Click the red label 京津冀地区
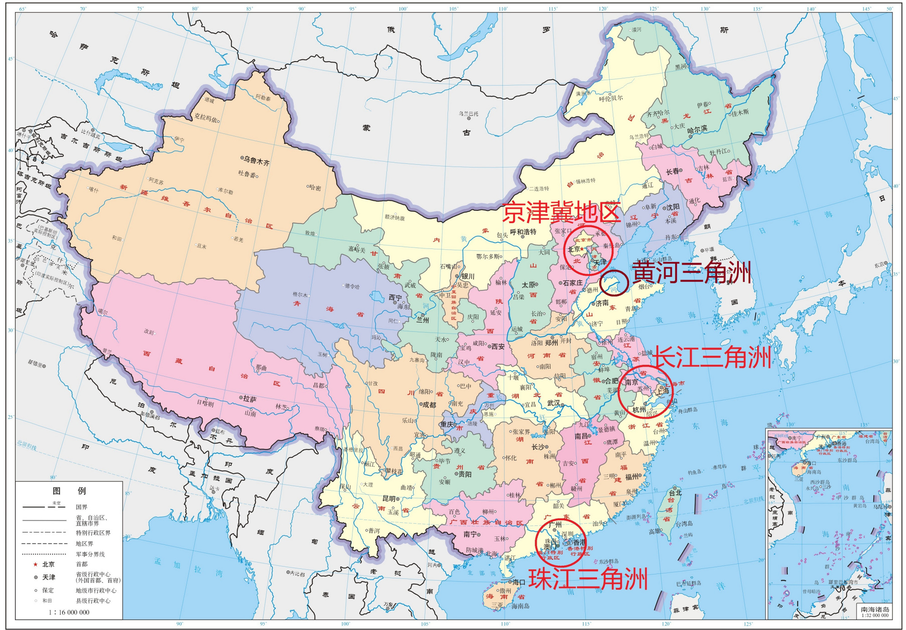click(561, 212)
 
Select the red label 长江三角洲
click(712, 357)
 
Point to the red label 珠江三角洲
click(588, 579)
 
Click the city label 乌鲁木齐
click(256, 160)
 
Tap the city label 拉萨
click(250, 399)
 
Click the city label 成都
click(429, 405)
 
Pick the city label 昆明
click(389, 498)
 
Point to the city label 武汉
click(554, 403)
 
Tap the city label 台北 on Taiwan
click(675, 492)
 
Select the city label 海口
click(519, 582)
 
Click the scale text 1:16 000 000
click(69, 612)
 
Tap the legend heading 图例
click(69, 491)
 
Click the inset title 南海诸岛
click(875, 609)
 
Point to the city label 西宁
click(395, 297)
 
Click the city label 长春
click(672, 172)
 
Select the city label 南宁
click(470, 534)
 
